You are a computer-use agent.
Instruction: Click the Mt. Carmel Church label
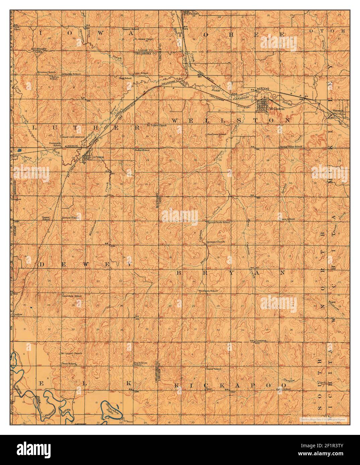point(71,353)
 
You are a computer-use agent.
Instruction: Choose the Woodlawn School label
point(208,291)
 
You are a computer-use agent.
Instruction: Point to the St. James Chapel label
point(144,39)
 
